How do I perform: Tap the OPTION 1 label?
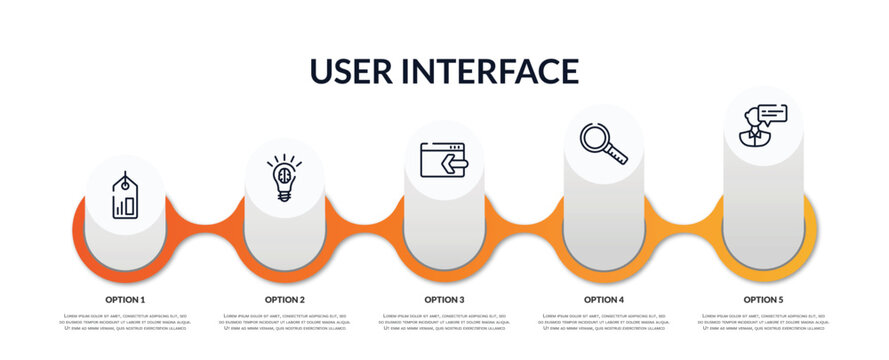point(125,299)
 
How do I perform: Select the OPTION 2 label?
point(285,299)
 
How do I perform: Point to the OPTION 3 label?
point(444,299)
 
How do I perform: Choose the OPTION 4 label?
point(604,299)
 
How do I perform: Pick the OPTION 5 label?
point(763,299)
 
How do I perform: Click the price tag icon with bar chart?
point(125,195)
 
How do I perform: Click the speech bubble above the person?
point(772,113)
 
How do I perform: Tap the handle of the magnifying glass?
point(617,155)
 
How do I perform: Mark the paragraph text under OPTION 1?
point(125,322)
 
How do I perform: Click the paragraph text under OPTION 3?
point(444,322)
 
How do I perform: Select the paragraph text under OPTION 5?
point(763,322)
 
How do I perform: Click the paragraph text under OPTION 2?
point(285,322)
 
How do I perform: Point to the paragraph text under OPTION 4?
point(604,322)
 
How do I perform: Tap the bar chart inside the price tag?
point(125,207)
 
